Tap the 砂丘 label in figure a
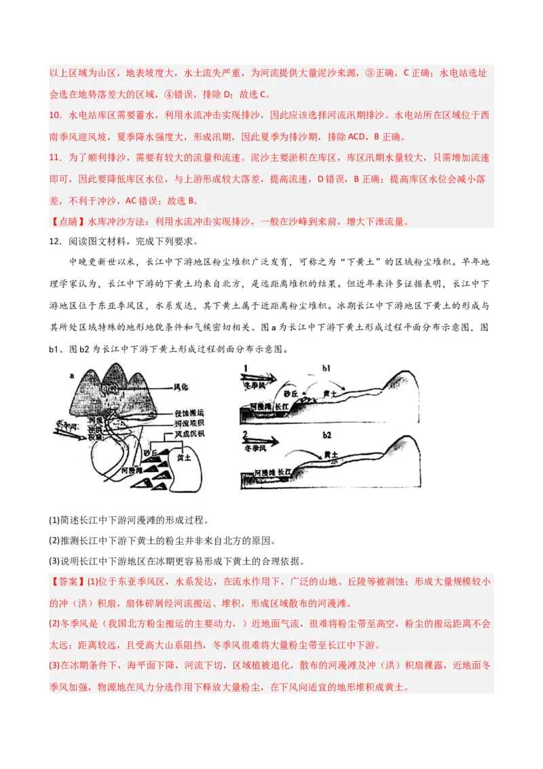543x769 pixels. [151, 451]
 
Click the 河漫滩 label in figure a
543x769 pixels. [132, 469]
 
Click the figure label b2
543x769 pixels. [326, 434]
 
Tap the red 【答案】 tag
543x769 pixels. [66, 582]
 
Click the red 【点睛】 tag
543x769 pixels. [66, 221]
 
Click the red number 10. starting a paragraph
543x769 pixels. [56, 115]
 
